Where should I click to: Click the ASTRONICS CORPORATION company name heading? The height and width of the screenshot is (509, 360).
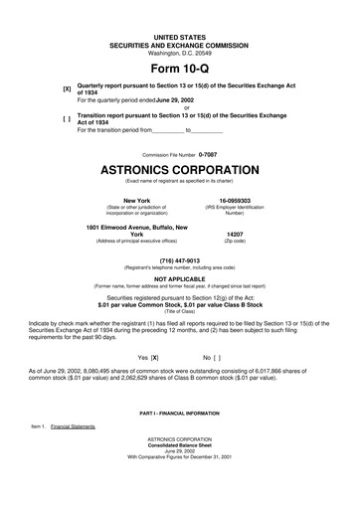tap(179, 170)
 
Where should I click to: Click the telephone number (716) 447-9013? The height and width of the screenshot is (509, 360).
tap(179, 260)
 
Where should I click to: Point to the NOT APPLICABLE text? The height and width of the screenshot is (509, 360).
tap(179, 279)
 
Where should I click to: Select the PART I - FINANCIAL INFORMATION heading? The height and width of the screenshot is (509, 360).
tap(179, 411)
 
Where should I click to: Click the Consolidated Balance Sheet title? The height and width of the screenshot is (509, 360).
tap(179, 442)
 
